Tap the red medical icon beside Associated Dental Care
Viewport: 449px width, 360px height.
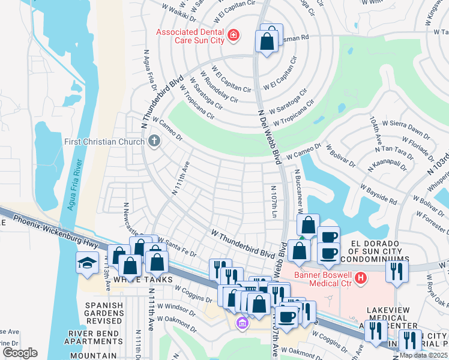[233, 36]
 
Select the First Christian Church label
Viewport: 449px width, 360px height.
[104, 142]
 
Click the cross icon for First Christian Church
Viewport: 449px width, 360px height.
[154, 142]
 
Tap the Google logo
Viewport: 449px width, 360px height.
[20, 353]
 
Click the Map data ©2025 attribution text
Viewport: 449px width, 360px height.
[423, 355]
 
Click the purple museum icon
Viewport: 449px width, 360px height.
[242, 323]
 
